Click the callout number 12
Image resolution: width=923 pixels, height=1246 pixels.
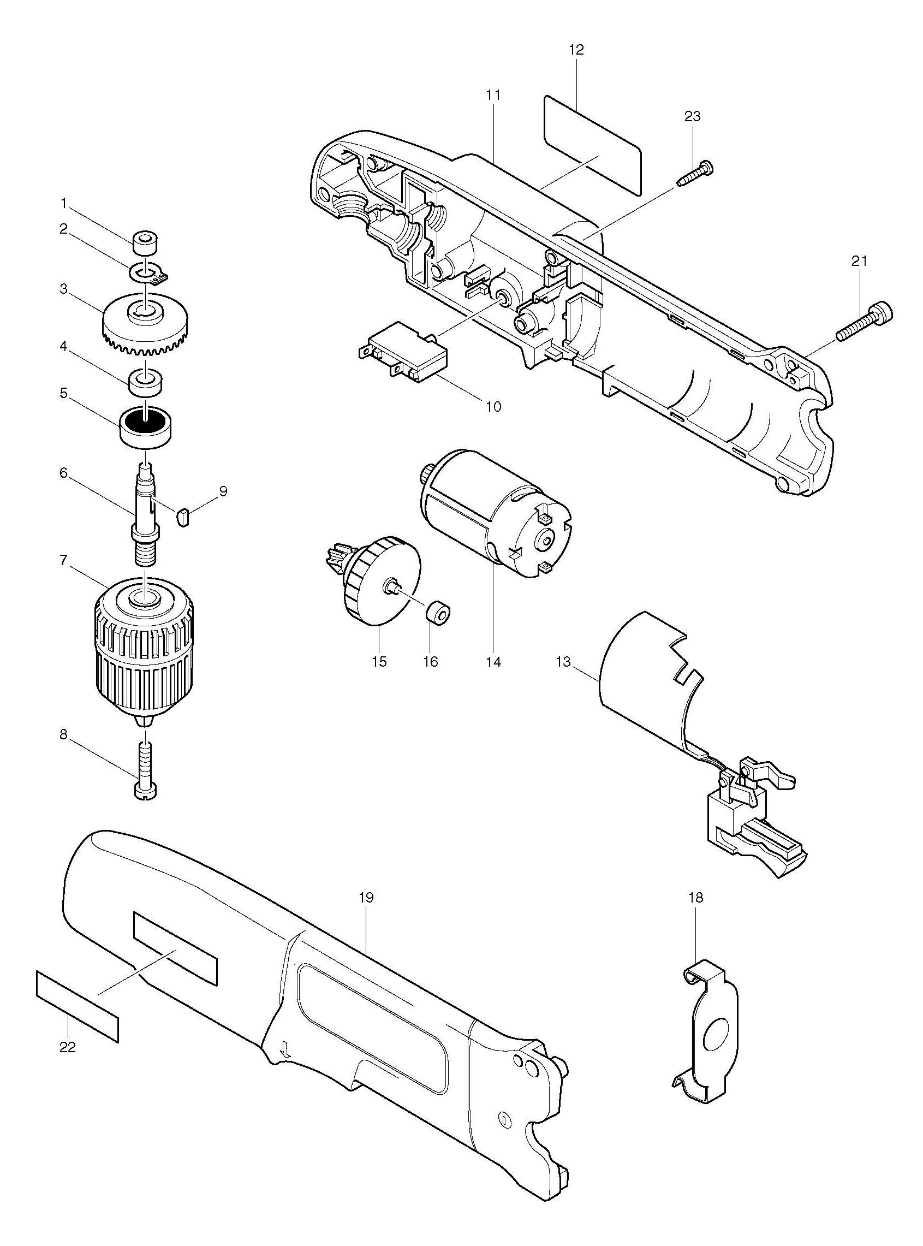(x=576, y=50)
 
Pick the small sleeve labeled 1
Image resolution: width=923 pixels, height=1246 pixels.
(x=146, y=244)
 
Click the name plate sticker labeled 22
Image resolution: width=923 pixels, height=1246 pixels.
(x=78, y=1006)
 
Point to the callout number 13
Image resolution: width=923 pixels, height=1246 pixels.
(x=563, y=662)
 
